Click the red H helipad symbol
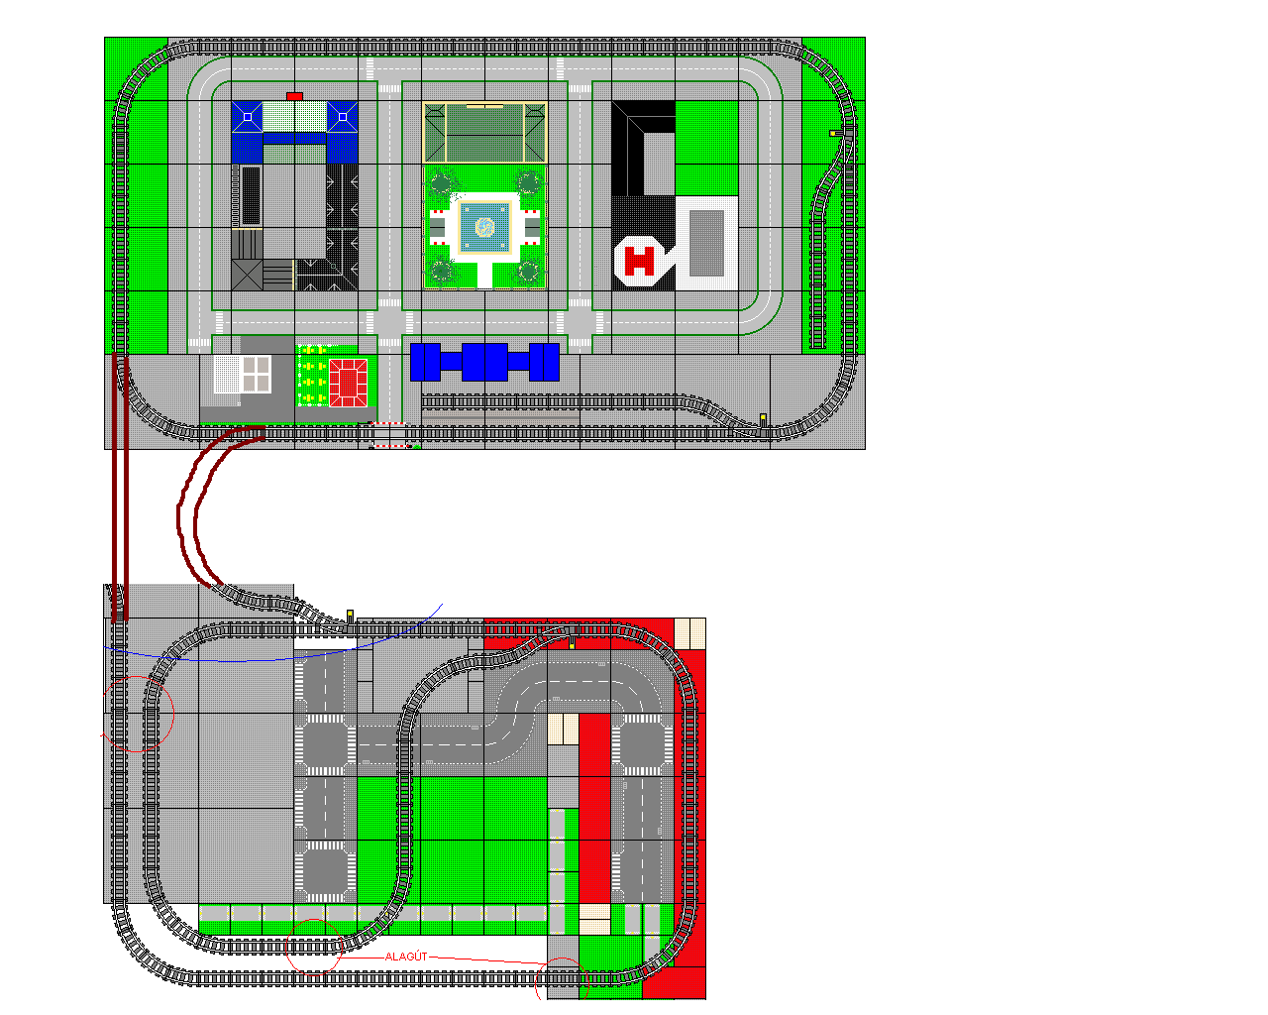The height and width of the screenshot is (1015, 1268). click(x=639, y=261)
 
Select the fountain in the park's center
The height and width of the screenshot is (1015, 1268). click(x=484, y=227)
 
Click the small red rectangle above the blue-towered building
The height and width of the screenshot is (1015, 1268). click(x=294, y=96)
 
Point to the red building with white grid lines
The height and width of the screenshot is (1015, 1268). click(x=349, y=383)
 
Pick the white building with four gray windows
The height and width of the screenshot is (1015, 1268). click(x=242, y=374)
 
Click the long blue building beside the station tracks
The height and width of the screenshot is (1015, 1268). click(x=484, y=362)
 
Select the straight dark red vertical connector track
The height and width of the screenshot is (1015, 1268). click(x=120, y=489)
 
